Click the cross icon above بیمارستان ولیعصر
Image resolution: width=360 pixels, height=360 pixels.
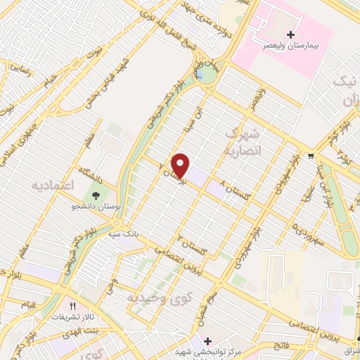(291, 34)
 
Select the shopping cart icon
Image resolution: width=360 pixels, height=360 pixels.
(311, 155)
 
